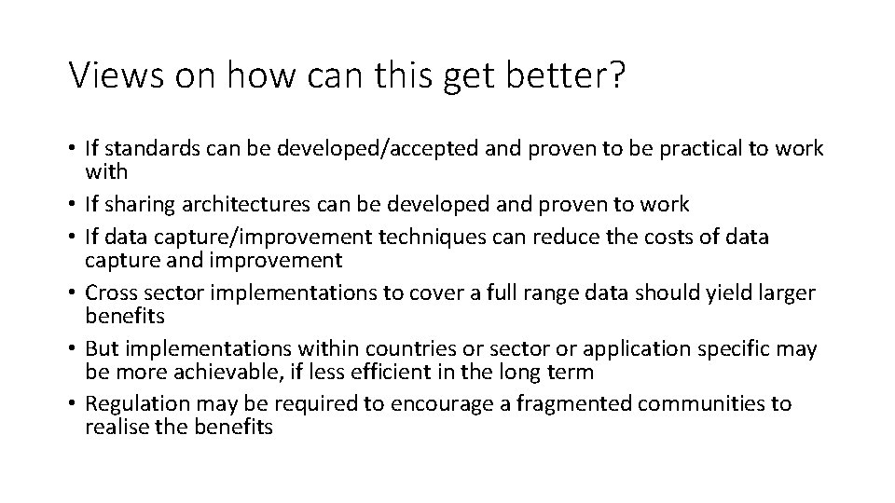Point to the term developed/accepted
tap(336, 149)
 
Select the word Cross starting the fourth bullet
tap(110, 293)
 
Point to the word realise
tap(113, 427)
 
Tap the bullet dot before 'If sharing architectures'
tap(73, 205)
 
